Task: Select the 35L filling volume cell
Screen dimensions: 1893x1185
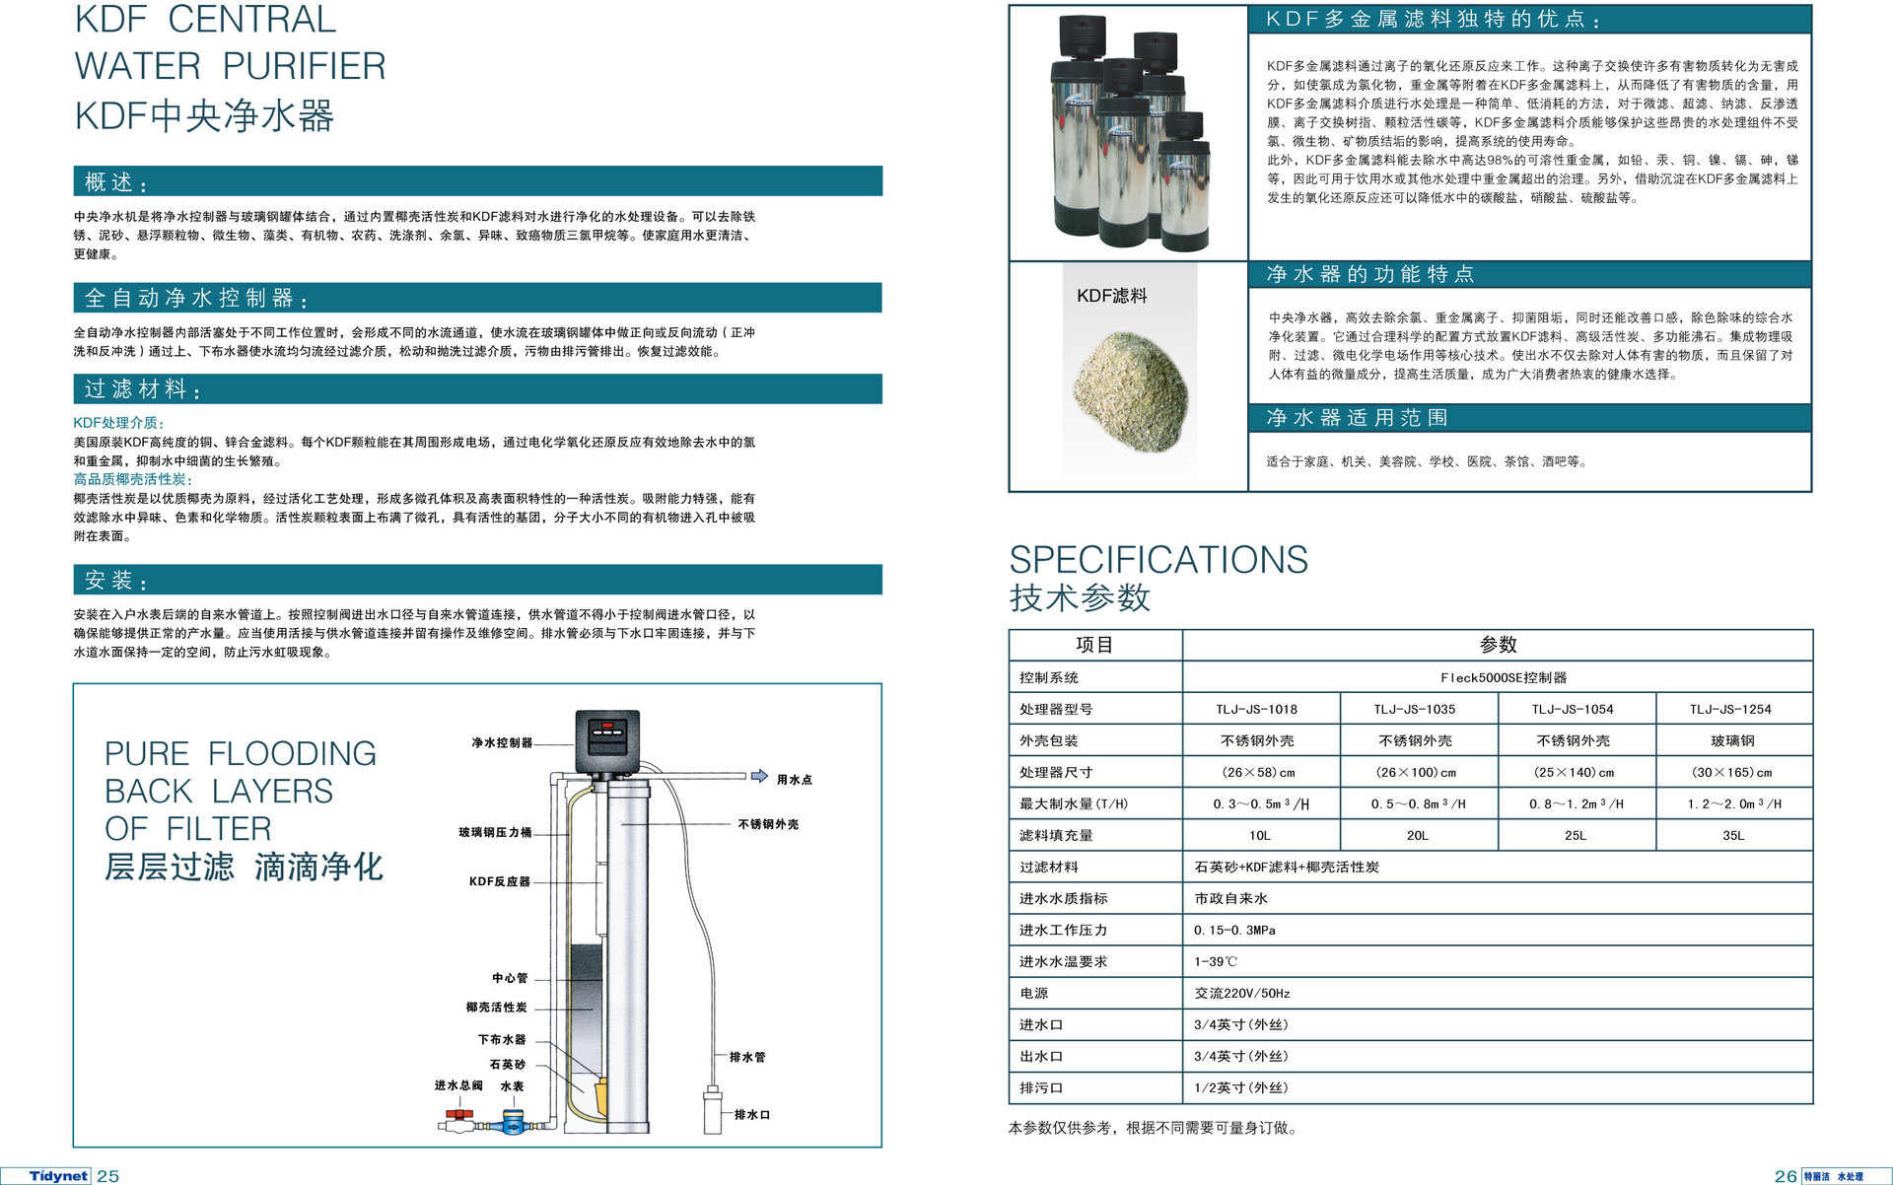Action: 1734,835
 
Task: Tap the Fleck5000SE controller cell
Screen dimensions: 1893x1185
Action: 1498,677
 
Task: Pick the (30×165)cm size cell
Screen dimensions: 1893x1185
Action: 1734,772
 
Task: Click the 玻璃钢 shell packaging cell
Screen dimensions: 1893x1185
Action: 1734,740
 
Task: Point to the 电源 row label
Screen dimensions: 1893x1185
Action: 1034,993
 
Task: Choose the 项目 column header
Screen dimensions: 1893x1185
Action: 1094,645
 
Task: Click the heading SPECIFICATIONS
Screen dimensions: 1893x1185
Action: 1158,559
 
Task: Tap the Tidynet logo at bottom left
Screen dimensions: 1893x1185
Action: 59,1175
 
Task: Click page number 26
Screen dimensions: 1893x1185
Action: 1786,1176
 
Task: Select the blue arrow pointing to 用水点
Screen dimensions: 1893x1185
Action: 759,776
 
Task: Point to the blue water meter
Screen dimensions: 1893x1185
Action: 512,1122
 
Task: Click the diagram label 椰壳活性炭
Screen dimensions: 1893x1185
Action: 497,1008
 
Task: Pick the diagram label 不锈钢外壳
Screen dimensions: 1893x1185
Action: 768,824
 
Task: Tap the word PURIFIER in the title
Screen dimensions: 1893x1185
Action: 305,66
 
